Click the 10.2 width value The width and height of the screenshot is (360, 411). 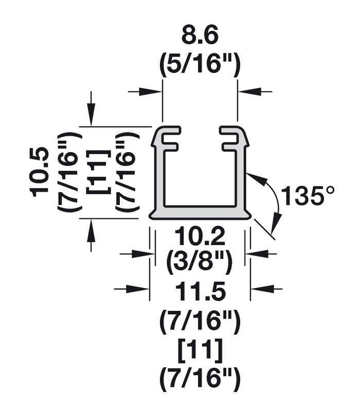[x=200, y=238]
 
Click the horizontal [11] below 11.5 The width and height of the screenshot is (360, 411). [x=200, y=352]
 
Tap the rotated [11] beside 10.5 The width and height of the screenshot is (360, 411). [x=97, y=172]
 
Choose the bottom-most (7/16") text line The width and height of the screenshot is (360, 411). [x=200, y=380]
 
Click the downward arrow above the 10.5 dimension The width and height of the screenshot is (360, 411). [x=91, y=118]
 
